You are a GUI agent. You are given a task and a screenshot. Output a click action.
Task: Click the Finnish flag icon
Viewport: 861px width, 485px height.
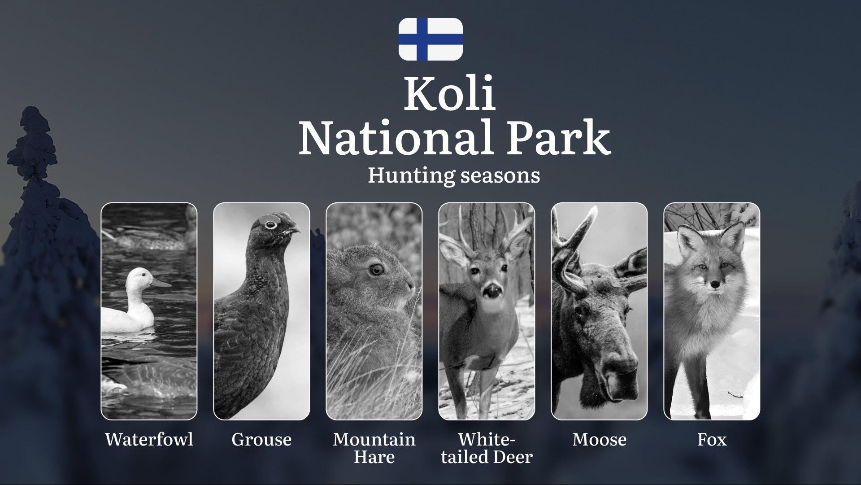click(x=430, y=39)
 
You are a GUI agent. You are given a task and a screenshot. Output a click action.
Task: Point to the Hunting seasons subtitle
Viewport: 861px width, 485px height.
click(x=454, y=175)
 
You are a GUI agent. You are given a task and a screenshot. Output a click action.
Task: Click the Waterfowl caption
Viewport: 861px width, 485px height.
click(x=149, y=439)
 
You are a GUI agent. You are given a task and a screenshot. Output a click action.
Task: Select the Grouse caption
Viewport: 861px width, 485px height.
click(x=261, y=439)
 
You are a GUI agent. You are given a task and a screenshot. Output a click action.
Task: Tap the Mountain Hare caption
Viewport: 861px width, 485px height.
click(x=374, y=448)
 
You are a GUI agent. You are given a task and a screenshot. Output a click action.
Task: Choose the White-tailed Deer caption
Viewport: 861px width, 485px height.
click(x=487, y=448)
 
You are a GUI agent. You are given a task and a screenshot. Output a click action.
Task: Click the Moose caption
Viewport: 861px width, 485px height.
click(x=599, y=439)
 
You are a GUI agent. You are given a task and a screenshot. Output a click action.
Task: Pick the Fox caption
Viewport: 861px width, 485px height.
click(x=712, y=439)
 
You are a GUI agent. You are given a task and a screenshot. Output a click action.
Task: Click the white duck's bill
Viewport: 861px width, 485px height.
click(x=161, y=283)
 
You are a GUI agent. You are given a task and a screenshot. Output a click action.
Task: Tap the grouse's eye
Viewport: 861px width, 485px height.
click(x=270, y=225)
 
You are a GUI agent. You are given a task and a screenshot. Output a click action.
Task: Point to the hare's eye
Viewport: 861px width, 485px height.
click(x=376, y=269)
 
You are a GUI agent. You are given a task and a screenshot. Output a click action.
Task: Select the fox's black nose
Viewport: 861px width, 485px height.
click(x=715, y=284)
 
